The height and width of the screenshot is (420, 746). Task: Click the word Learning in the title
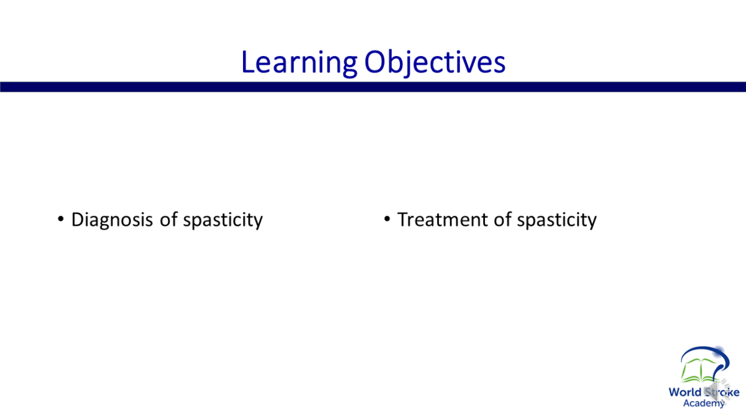click(x=299, y=63)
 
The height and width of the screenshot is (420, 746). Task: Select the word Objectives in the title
click(x=435, y=63)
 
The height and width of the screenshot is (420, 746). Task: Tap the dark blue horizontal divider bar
click(x=373, y=86)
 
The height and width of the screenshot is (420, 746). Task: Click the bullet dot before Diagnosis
click(x=61, y=219)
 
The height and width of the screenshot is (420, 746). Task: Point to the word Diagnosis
click(x=112, y=220)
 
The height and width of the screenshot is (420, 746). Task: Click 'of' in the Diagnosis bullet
click(x=168, y=219)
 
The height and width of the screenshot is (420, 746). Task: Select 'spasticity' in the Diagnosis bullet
click(x=223, y=220)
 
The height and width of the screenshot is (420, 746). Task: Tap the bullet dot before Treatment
click(x=387, y=219)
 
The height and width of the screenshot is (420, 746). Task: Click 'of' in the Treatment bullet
click(x=502, y=219)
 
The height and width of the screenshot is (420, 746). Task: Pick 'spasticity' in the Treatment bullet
click(x=557, y=220)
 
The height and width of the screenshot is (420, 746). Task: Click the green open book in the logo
click(x=699, y=371)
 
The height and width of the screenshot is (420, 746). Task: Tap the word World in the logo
click(x=684, y=392)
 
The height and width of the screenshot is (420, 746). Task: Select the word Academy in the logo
click(x=703, y=403)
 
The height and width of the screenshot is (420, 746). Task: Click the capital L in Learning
click(x=248, y=62)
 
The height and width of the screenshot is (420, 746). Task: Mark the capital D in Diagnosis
click(x=77, y=219)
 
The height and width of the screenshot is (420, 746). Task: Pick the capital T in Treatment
click(x=403, y=219)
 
